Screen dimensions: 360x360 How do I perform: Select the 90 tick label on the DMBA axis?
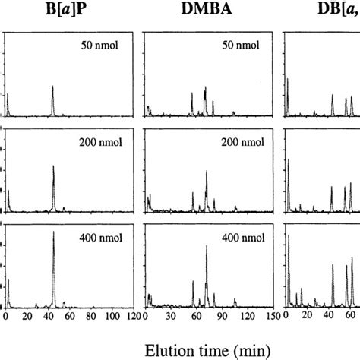[x=216, y=316]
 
